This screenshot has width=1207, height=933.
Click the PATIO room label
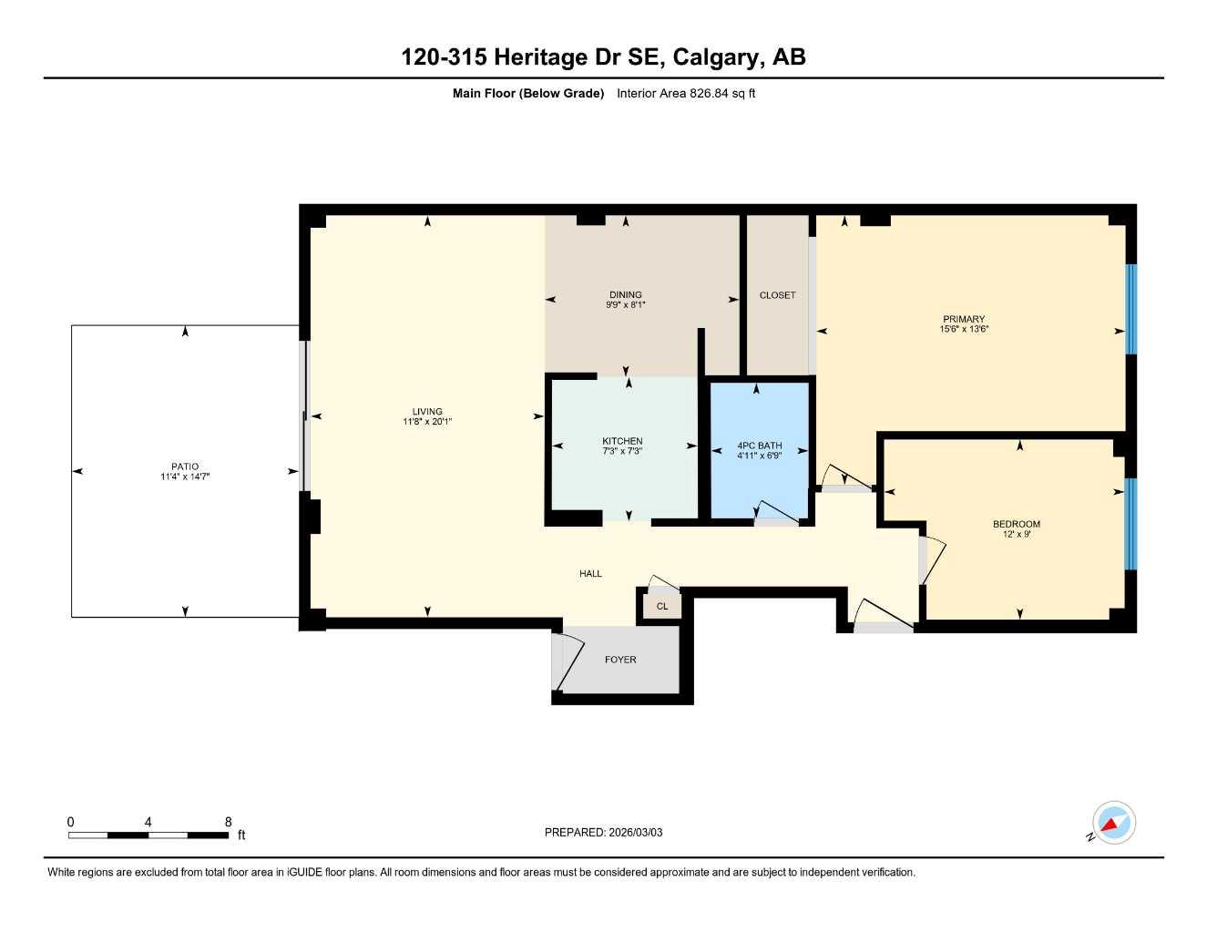pos(185,466)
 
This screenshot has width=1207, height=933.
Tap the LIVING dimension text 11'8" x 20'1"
pos(427,422)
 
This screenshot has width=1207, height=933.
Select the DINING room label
pos(626,294)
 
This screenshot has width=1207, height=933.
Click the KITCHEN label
pos(622,441)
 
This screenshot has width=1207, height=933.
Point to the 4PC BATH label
pos(759,446)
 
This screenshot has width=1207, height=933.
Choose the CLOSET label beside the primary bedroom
pos(777,295)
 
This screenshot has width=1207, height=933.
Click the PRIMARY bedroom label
pos(964,319)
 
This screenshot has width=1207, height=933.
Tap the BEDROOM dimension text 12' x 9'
pos(1017,534)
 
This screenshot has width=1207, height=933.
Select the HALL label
pos(590,573)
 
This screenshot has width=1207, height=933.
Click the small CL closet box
pos(662,606)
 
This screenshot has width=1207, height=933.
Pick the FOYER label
pos(620,660)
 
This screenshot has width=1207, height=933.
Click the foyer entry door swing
pos(567,663)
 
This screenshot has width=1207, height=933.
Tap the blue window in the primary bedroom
pos(1131,309)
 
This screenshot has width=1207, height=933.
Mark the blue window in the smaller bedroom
pos(1131,523)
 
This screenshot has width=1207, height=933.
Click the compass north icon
pos(1112,823)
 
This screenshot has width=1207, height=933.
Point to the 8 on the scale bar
pos(228,822)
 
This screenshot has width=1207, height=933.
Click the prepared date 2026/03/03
pos(635,832)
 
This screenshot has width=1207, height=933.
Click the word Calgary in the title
pos(718,56)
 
